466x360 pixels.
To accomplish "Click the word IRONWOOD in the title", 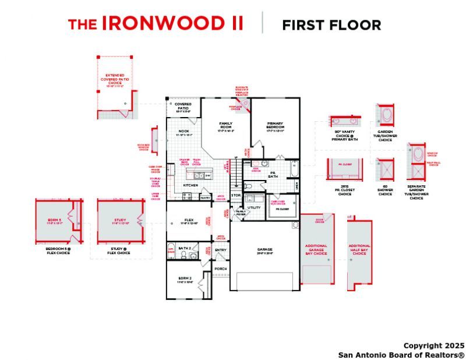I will [x=173, y=23].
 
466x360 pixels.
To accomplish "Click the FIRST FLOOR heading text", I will [x=331, y=25].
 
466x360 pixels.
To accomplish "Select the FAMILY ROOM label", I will [x=226, y=125].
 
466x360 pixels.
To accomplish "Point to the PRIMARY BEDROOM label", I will [x=275, y=125].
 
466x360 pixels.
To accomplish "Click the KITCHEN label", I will [x=190, y=185].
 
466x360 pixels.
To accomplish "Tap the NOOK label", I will [x=183, y=131].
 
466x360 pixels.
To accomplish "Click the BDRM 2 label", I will [x=185, y=279].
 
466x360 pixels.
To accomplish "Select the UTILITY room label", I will [x=254, y=207].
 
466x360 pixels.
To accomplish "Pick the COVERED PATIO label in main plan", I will [x=183, y=105].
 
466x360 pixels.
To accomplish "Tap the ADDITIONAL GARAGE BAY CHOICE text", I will [x=316, y=249].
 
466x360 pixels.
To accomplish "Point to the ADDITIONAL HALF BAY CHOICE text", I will [x=359, y=249].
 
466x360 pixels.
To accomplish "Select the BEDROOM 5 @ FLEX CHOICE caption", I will [x=58, y=251].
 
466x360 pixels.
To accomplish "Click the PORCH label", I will [x=221, y=269].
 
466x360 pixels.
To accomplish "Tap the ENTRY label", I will [x=221, y=250].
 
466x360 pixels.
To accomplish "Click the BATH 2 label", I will [x=185, y=248].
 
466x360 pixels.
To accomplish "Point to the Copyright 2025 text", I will [x=433, y=345].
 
